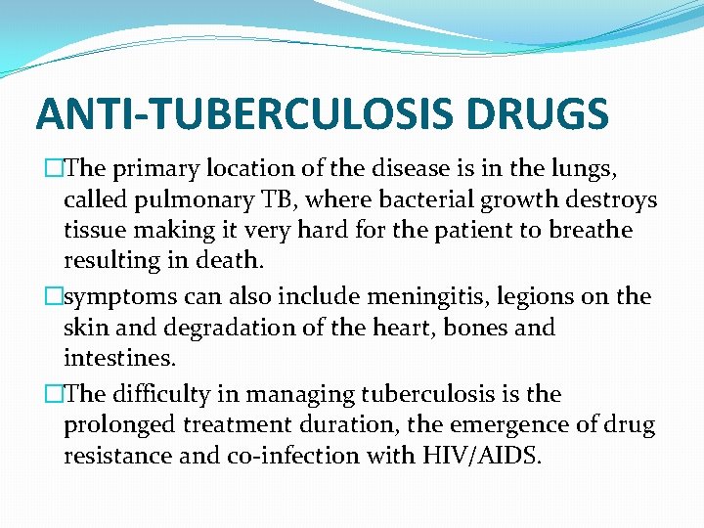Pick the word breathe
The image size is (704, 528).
point(585,231)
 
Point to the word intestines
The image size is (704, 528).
point(117,358)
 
